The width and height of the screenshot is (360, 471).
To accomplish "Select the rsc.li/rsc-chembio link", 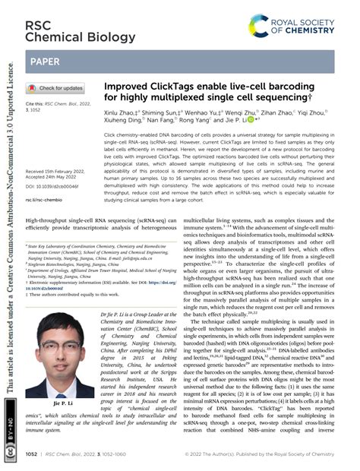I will [x=43, y=200].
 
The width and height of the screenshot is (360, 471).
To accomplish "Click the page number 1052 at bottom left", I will [x=33, y=457].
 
